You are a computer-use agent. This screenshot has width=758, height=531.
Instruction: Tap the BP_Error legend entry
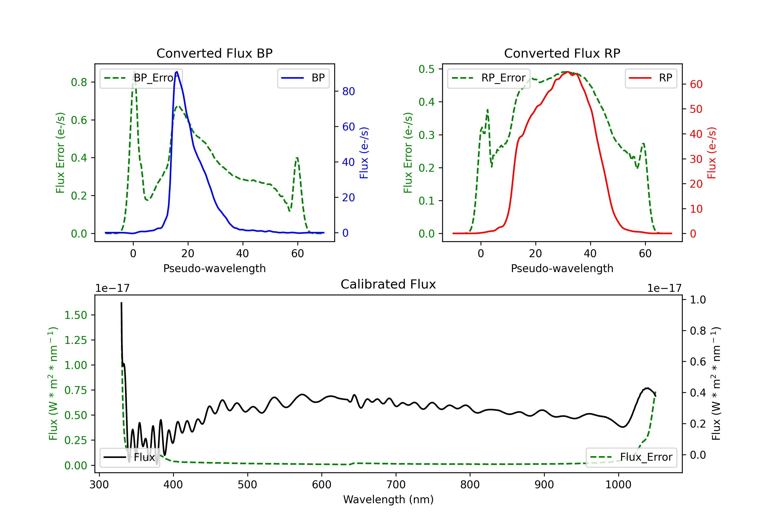[x=141, y=78]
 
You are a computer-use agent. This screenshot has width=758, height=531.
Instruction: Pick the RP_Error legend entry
[x=489, y=78]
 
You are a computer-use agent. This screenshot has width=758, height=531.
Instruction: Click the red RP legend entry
[x=651, y=78]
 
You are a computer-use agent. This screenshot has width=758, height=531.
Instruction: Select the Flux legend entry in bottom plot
[x=130, y=457]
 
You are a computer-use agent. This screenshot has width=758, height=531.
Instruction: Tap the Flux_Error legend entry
[x=631, y=457]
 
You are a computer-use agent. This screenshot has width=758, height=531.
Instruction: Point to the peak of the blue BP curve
[x=177, y=72]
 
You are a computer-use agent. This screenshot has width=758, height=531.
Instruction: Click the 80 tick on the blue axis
[x=348, y=92]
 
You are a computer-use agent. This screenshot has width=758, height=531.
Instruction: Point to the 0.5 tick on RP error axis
[x=427, y=69]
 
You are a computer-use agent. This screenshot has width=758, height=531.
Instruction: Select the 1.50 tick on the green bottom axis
[x=76, y=315]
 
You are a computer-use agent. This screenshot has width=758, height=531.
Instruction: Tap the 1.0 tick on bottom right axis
[x=698, y=300]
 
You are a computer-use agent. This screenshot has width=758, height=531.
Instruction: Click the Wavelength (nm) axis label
[x=388, y=499]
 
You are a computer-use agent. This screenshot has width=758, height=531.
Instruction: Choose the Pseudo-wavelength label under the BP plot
[x=214, y=268]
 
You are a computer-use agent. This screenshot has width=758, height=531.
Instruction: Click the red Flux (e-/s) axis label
[x=712, y=153]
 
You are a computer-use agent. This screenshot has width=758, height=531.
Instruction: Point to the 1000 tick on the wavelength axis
[x=618, y=485]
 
